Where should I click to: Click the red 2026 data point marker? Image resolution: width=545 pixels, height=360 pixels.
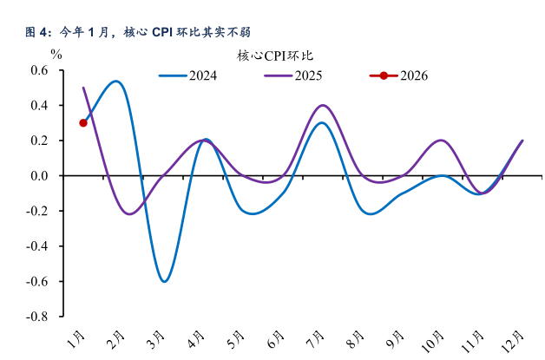tap(83, 122)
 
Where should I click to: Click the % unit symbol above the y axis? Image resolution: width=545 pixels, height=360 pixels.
tap(56, 53)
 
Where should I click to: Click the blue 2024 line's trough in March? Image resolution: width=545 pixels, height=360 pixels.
tap(163, 281)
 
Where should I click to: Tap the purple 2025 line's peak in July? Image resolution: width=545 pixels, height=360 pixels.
tap(323, 105)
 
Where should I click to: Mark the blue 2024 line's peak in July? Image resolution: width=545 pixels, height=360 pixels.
tap(322, 122)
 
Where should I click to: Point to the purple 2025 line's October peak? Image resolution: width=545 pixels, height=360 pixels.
tap(442, 140)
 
